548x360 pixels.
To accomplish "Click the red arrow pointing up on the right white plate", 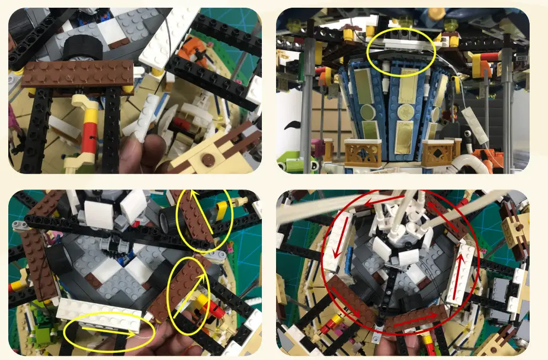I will [x=459, y=284].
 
